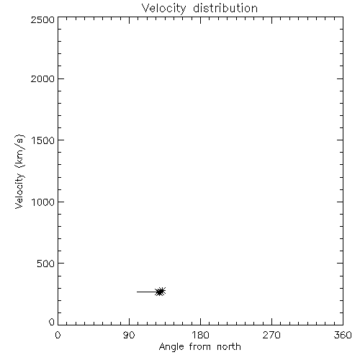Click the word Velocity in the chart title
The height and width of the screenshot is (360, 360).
tap(163, 9)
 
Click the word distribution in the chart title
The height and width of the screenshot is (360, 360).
tap(225, 8)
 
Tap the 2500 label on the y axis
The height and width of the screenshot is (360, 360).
tap(42, 19)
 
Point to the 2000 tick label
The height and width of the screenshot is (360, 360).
tap(42, 78)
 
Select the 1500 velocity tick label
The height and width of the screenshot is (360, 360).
tap(43, 140)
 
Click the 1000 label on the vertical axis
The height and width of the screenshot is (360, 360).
tap(43, 202)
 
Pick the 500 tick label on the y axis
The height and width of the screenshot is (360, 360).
tap(46, 264)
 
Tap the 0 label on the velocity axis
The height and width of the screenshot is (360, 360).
tap(52, 322)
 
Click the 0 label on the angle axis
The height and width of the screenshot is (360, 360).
tap(58, 335)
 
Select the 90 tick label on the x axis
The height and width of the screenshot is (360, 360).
tap(129, 335)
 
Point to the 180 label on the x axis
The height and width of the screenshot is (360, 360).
tap(200, 335)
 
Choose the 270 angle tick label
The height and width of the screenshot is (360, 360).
tap(271, 335)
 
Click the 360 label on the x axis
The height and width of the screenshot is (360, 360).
tap(343, 335)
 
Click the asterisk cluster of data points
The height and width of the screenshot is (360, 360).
tap(161, 292)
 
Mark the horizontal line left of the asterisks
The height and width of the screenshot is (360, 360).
tap(146, 292)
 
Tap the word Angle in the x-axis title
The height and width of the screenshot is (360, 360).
tap(171, 347)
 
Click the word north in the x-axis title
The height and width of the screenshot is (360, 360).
tap(229, 347)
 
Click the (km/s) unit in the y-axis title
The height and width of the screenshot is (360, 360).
tap(19, 151)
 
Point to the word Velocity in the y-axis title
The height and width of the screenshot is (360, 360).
tap(19, 191)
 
